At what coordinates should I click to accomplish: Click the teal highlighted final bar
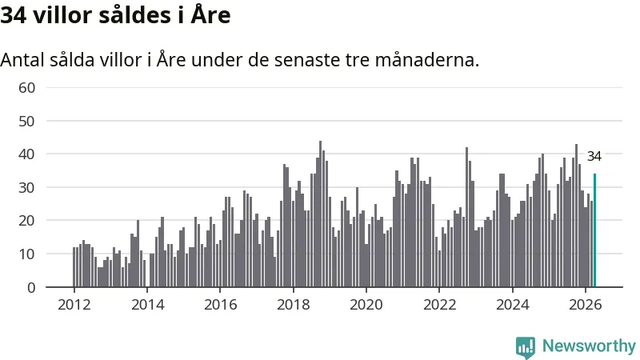(x=594, y=230)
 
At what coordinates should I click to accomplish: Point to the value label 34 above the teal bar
(x=594, y=156)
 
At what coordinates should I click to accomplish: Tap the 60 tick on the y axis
(x=27, y=88)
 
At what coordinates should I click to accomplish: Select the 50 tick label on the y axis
(x=27, y=122)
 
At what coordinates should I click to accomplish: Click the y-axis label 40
(x=27, y=154)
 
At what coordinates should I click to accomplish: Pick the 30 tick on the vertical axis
(x=27, y=188)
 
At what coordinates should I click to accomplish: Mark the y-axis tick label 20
(x=27, y=221)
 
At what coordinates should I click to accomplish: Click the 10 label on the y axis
(x=27, y=254)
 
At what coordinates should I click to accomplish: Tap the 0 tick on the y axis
(x=31, y=288)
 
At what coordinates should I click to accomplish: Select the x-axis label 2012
(x=74, y=305)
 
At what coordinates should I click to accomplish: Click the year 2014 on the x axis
(x=147, y=305)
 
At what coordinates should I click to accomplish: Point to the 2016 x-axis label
(x=221, y=305)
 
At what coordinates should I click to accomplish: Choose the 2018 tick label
(x=294, y=305)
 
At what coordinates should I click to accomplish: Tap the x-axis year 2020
(x=366, y=305)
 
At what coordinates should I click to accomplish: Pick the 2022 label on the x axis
(x=439, y=305)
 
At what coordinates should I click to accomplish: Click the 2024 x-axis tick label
(x=513, y=305)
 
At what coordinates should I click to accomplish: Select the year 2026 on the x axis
(x=586, y=305)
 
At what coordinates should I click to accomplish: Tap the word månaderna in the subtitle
(x=426, y=60)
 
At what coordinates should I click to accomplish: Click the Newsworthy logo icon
(x=526, y=347)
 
